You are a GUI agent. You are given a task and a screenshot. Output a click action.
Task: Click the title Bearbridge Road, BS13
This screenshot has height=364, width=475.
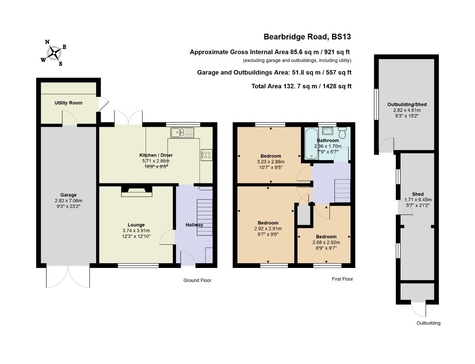[307, 37]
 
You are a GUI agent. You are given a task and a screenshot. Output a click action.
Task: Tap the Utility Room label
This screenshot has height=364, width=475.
[68, 103]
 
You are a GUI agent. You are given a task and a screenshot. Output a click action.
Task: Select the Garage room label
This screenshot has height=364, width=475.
[68, 195]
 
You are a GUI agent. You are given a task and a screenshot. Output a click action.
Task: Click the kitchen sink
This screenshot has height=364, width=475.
[182, 132]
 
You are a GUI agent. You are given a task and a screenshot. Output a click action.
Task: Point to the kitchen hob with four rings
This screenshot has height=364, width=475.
[206, 155]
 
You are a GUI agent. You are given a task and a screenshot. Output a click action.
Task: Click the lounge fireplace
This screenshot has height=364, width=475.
[137, 191]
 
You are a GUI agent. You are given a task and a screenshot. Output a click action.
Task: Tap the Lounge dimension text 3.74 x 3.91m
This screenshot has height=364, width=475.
[136, 231]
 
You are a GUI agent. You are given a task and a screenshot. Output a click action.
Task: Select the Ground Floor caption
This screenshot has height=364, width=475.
[197, 280]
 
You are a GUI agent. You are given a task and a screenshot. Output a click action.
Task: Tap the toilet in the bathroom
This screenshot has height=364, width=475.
[343, 133]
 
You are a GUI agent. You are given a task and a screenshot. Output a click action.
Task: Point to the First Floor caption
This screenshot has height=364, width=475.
[342, 279]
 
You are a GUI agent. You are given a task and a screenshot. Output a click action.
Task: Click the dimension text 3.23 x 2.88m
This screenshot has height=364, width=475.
[270, 161]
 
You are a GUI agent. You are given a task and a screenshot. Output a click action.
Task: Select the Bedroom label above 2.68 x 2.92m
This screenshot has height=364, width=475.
[326, 237]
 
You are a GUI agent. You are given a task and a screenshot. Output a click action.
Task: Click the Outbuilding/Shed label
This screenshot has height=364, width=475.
[407, 104]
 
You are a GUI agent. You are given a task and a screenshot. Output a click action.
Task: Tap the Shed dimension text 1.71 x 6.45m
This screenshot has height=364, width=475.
[418, 200]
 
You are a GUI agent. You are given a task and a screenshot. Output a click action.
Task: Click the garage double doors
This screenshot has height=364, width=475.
[68, 276]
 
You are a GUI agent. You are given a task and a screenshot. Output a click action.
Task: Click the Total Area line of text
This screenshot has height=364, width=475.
[301, 86]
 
